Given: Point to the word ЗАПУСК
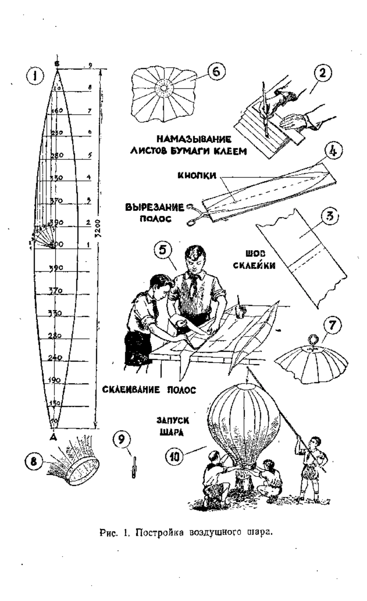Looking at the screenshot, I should pos(173,422).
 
